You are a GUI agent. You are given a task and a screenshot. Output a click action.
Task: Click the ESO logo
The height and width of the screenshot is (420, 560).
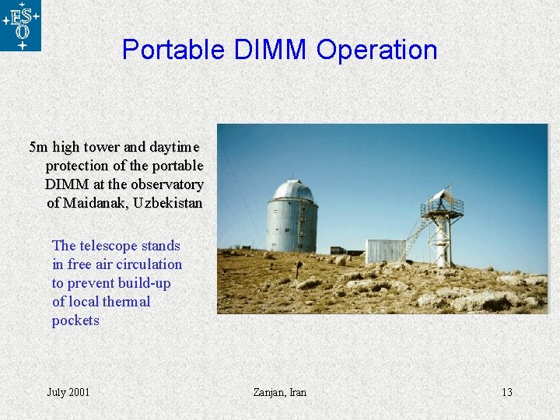[20, 25]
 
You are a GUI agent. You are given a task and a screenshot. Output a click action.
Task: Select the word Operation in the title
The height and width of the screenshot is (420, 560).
[377, 50]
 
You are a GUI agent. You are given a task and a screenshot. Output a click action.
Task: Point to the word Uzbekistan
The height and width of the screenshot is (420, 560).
[169, 204]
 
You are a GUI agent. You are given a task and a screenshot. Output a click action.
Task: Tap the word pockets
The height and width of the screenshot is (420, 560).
[75, 320]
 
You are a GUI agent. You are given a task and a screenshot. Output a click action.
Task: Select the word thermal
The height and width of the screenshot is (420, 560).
[124, 302]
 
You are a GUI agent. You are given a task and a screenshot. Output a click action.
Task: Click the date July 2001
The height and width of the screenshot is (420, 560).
[68, 392]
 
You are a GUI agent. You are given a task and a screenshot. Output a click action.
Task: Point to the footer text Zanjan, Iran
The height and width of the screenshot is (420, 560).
[280, 392]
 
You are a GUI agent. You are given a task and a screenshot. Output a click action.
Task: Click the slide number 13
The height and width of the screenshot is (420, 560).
[506, 392]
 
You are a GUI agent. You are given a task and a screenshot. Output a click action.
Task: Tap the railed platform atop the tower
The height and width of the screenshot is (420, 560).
[442, 208]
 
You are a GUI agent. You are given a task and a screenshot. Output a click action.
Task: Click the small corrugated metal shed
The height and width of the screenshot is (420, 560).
[385, 251]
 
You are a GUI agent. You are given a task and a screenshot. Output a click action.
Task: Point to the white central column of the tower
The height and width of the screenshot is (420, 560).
[442, 237]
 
